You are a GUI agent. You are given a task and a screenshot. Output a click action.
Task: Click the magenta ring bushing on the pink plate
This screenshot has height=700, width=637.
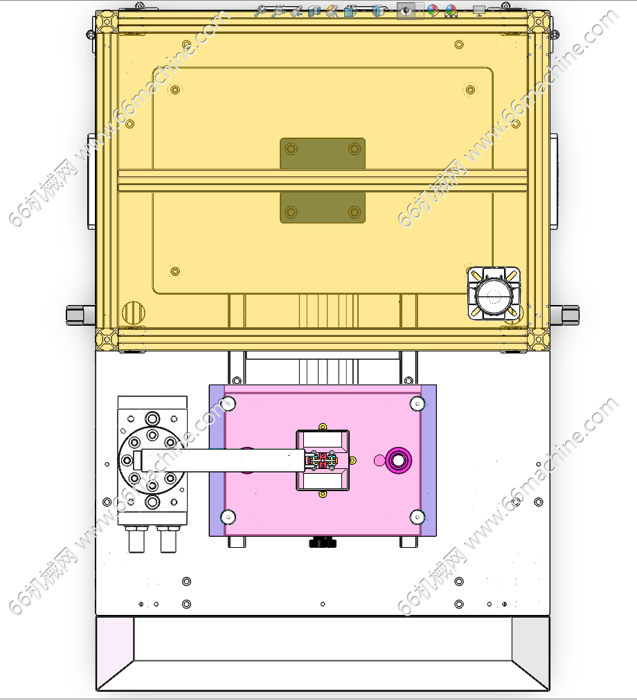coord(400,460)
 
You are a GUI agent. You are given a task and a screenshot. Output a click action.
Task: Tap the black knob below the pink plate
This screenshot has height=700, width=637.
coord(323,542)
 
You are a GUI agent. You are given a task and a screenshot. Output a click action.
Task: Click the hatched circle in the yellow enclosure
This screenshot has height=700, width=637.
coord(134,313)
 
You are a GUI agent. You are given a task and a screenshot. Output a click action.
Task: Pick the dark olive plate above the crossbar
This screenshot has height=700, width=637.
coord(323,154)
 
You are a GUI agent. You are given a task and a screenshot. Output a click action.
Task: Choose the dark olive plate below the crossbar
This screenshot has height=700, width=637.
coord(323,208)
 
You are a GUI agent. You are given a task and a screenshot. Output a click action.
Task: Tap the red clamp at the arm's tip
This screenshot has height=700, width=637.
coord(322,460)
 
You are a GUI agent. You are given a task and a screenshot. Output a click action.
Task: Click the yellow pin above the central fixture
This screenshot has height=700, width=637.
coord(322,427)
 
